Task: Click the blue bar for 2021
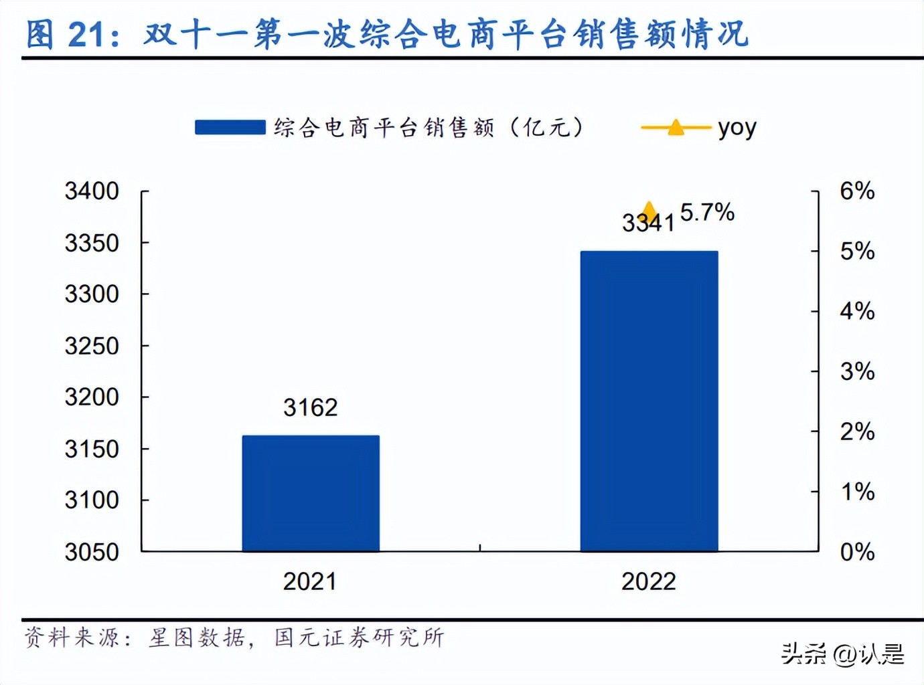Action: (x=311, y=493)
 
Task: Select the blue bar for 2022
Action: (x=649, y=401)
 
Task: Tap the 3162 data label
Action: (x=310, y=407)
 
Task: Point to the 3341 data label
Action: (x=647, y=223)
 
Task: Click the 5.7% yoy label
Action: (x=707, y=213)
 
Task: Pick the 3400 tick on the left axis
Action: (x=92, y=191)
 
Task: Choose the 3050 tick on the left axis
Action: (x=92, y=552)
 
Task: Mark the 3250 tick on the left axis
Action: (x=92, y=346)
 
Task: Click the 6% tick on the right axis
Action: (x=857, y=191)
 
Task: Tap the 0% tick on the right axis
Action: (x=857, y=552)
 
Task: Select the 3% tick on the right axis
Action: (x=857, y=371)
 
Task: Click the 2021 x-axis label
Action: (x=309, y=581)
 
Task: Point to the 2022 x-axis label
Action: (x=648, y=581)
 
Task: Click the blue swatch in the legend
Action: (x=230, y=127)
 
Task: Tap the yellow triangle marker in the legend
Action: (x=676, y=127)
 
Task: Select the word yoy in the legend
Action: (x=737, y=127)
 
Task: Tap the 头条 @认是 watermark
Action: (x=842, y=654)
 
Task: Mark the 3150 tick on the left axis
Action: (x=92, y=449)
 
